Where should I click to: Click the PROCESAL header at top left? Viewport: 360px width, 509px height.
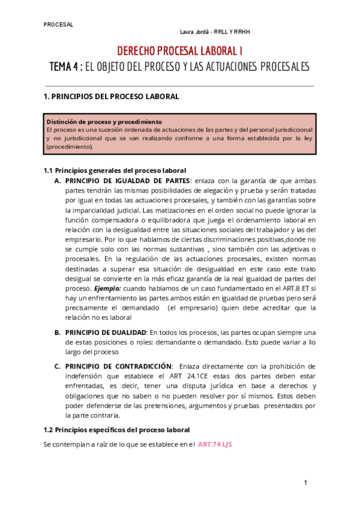click(x=58, y=25)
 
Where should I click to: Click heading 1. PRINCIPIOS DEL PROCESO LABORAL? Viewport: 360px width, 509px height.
click(x=111, y=96)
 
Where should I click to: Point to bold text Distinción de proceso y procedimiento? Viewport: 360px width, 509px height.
click(x=104, y=121)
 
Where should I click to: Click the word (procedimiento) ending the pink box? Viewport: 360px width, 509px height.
click(x=70, y=146)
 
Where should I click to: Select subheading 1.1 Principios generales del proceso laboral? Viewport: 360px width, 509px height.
click(x=115, y=170)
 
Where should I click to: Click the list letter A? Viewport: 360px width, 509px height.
click(x=58, y=180)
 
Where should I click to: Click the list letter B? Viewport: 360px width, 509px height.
click(x=58, y=333)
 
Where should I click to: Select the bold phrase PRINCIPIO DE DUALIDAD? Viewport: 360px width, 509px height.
click(x=106, y=333)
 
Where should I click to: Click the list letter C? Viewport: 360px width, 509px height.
click(x=58, y=366)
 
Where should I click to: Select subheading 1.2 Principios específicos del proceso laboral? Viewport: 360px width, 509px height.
click(x=117, y=430)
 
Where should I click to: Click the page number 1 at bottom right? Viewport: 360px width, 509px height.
click(x=305, y=483)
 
